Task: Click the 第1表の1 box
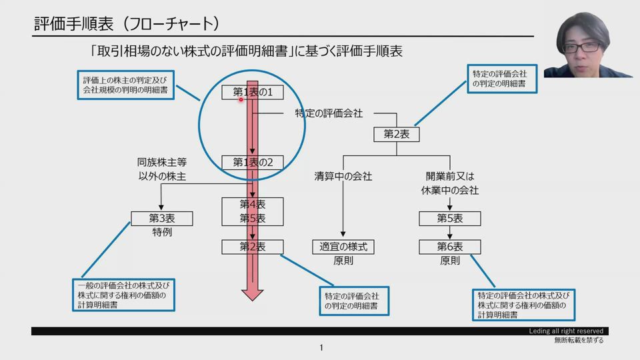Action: [x=253, y=92]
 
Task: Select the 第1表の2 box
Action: [x=253, y=162]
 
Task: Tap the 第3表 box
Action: [x=162, y=218]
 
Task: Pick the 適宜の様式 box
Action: [x=343, y=247]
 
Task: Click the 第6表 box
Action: [x=450, y=247]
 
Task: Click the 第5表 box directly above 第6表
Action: [x=450, y=218]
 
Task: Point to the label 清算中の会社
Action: [x=343, y=177]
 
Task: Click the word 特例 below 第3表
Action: [x=162, y=233]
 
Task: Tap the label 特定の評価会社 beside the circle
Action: [x=329, y=113]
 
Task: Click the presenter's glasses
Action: [x=580, y=47]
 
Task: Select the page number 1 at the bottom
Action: [x=321, y=347]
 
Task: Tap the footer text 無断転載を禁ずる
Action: [x=579, y=341]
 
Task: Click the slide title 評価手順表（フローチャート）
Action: [x=127, y=24]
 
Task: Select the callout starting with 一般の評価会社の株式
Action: [x=125, y=295]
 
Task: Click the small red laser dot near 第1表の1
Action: [x=241, y=99]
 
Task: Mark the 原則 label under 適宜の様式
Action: [x=343, y=261]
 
